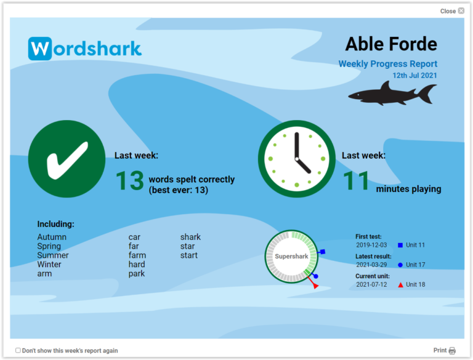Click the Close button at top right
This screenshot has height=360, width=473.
point(452,11)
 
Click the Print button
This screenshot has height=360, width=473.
point(444,350)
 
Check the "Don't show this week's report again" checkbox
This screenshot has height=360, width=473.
point(18,351)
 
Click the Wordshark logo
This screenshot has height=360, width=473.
point(85,49)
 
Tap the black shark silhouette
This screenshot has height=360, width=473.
point(392,94)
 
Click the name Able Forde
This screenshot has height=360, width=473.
point(390,44)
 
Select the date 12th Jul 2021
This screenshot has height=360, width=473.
point(414,76)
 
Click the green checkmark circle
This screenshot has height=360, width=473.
point(67,159)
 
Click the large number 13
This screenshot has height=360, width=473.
point(129,182)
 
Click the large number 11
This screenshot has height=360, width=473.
point(357,182)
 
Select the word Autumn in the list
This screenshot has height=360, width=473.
point(52,237)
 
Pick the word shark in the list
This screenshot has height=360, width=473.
point(190,237)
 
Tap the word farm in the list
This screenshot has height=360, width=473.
point(137,255)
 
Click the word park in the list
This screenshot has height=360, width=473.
point(136,274)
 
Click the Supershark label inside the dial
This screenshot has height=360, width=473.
point(291,257)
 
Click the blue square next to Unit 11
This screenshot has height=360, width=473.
point(400,245)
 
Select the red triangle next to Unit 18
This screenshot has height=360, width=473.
point(400,285)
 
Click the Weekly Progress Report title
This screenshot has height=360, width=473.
point(387,64)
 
